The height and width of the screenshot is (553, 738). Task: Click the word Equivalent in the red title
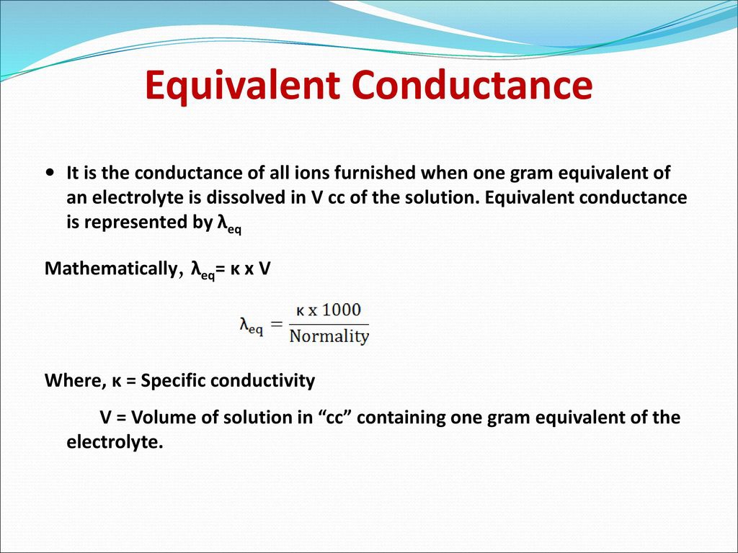point(242,85)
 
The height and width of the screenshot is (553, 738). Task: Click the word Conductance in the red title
point(472,85)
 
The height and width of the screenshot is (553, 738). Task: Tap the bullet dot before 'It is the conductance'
point(50,173)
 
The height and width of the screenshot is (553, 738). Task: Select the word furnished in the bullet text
point(375,173)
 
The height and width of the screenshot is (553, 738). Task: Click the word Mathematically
point(112,269)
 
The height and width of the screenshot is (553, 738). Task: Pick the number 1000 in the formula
point(342,310)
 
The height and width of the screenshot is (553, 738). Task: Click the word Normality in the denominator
point(329,336)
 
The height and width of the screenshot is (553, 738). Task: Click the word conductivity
point(262,380)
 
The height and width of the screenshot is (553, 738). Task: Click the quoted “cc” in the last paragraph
point(335,418)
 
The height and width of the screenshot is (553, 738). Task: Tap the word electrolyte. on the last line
point(115,442)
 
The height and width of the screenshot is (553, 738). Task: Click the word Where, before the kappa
point(75,380)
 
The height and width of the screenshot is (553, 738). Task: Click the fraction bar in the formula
point(329,324)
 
